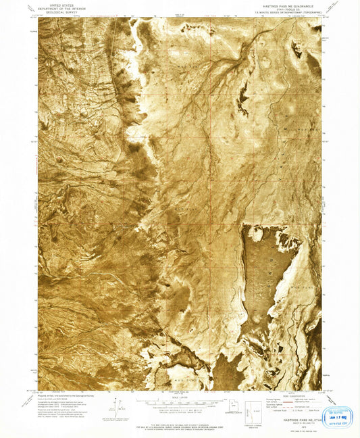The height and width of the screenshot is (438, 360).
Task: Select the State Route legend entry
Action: (307, 408)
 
